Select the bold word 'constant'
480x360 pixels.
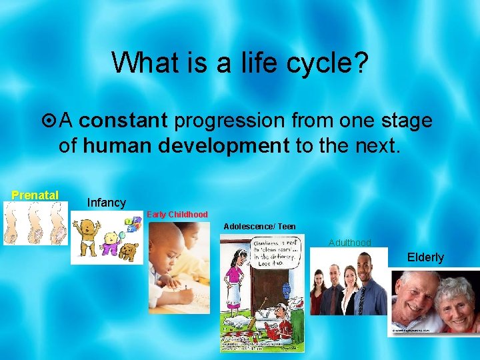[127, 121]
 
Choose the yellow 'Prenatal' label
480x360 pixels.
[35, 195]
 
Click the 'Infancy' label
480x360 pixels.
[106, 202]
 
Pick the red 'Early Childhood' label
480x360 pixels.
[177, 215]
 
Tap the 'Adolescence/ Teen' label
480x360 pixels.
[259, 227]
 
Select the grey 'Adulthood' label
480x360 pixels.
[349, 243]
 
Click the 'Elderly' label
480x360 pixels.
[425, 257]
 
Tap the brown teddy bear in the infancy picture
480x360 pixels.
[126, 252]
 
